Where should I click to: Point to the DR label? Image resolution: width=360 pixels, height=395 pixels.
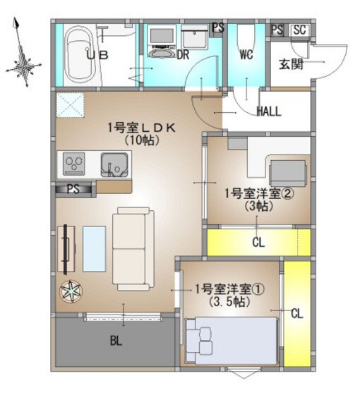click(184, 54)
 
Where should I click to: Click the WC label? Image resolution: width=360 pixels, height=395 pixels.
click(246, 54)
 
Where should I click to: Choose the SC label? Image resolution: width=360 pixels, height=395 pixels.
click(299, 30)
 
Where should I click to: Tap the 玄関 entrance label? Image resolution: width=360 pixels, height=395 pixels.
click(290, 65)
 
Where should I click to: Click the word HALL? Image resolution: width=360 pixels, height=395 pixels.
click(269, 111)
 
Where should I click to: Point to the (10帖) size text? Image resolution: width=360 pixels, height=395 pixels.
click(141, 140)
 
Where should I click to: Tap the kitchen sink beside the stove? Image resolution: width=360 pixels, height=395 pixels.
click(115, 166)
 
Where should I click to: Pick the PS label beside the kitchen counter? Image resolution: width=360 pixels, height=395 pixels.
click(73, 188)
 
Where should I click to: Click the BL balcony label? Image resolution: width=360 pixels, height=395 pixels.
click(116, 341)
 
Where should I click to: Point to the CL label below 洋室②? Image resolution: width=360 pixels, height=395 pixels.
click(258, 243)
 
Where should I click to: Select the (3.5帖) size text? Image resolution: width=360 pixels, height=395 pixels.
click(228, 302)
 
